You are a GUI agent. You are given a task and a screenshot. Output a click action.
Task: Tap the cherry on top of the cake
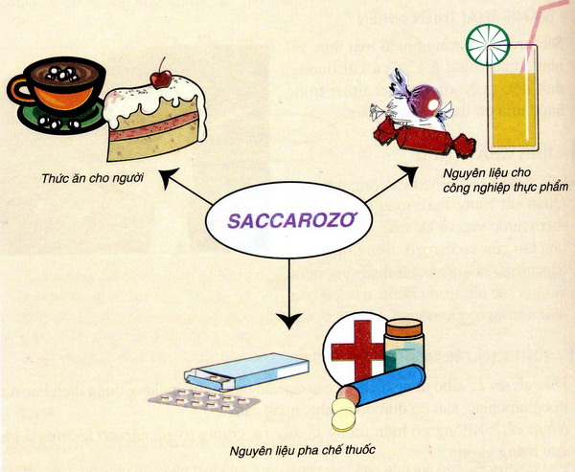pyautogui.click(x=161, y=79)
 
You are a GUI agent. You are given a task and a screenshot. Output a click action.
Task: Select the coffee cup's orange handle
pyautogui.click(x=18, y=89)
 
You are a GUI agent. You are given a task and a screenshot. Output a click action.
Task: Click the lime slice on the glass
pyautogui.click(x=488, y=45)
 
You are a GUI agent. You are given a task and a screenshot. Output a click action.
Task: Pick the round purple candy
pyautogui.click(x=425, y=101)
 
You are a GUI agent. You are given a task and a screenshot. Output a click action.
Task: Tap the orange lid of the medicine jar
pyautogui.click(x=403, y=326)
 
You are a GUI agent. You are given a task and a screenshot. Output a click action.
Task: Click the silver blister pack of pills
pyautogui.click(x=204, y=400)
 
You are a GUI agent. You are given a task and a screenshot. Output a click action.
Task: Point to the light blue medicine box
pyautogui.click(x=246, y=372)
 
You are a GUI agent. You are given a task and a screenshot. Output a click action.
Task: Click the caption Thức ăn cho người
pyautogui.click(x=92, y=178)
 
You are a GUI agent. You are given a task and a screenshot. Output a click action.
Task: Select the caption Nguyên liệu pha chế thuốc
pyautogui.click(x=303, y=450)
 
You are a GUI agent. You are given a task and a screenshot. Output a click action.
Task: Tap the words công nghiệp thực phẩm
pyautogui.click(x=505, y=188)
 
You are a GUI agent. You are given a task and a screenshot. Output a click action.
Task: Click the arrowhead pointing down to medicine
pyautogui.click(x=289, y=321)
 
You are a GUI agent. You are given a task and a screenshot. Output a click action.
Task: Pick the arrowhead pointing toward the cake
pyautogui.click(x=167, y=177)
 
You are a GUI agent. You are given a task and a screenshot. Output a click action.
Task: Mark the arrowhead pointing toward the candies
pyautogui.click(x=408, y=173)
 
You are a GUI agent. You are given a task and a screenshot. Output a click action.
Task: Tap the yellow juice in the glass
pyautogui.click(x=512, y=110)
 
